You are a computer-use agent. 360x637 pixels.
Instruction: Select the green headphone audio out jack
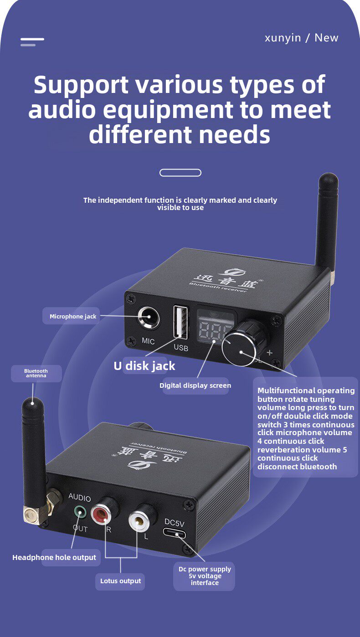[80, 513]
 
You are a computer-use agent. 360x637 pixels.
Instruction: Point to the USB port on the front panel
[180, 322]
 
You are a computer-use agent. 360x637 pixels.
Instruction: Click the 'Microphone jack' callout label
[73, 316]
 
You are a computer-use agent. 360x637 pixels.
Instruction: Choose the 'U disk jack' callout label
[144, 366]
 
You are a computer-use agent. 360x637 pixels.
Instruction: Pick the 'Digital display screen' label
[195, 385]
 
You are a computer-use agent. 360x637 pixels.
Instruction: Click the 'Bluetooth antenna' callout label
[36, 373]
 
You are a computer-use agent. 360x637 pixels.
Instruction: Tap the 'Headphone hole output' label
[54, 557]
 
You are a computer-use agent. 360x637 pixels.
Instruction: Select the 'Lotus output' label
[121, 581]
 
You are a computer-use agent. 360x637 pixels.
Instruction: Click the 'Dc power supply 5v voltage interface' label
[205, 576]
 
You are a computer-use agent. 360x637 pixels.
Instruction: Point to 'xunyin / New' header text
[301, 38]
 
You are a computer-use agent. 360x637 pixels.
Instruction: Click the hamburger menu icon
[32, 42]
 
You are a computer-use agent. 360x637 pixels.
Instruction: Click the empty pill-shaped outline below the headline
[180, 173]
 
